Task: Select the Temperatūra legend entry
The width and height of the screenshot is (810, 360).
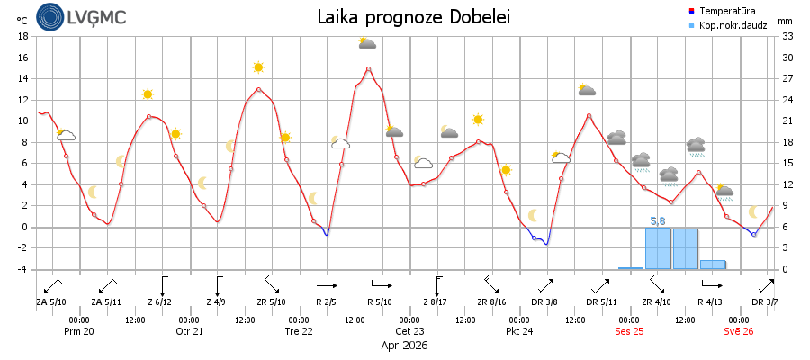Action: (728, 11)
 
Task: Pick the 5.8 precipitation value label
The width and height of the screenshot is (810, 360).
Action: (658, 220)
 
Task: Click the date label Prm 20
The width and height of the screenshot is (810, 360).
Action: (78, 330)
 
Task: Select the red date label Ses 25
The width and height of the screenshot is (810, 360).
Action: (630, 330)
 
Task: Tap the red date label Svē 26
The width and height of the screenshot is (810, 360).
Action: (739, 330)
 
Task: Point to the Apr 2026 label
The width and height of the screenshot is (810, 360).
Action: (405, 345)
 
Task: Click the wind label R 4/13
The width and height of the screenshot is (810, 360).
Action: (711, 302)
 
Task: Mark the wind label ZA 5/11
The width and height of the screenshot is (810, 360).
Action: (106, 302)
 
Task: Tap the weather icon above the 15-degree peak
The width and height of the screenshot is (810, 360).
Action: (367, 42)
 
